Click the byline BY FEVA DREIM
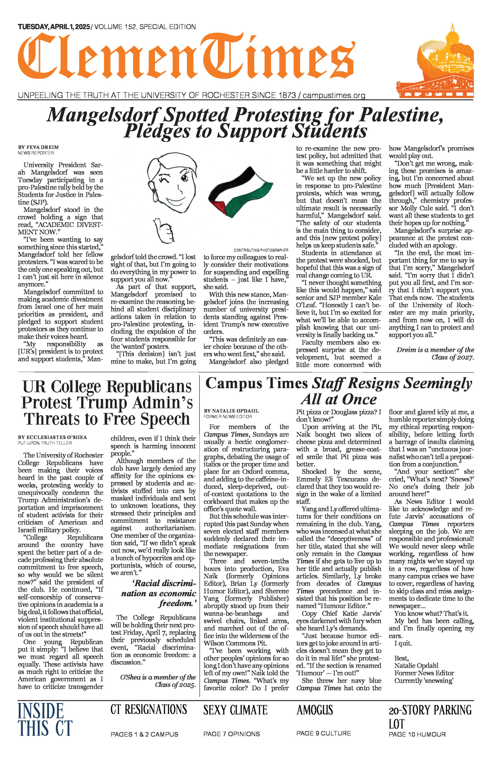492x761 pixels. (38, 147)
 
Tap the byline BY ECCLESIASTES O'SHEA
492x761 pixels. (52, 437)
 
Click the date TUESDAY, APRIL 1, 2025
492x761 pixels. (54, 27)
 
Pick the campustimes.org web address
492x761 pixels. (334, 95)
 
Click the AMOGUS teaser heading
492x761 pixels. (315, 710)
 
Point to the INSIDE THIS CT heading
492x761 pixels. (45, 719)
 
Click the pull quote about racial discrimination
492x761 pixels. (159, 593)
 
